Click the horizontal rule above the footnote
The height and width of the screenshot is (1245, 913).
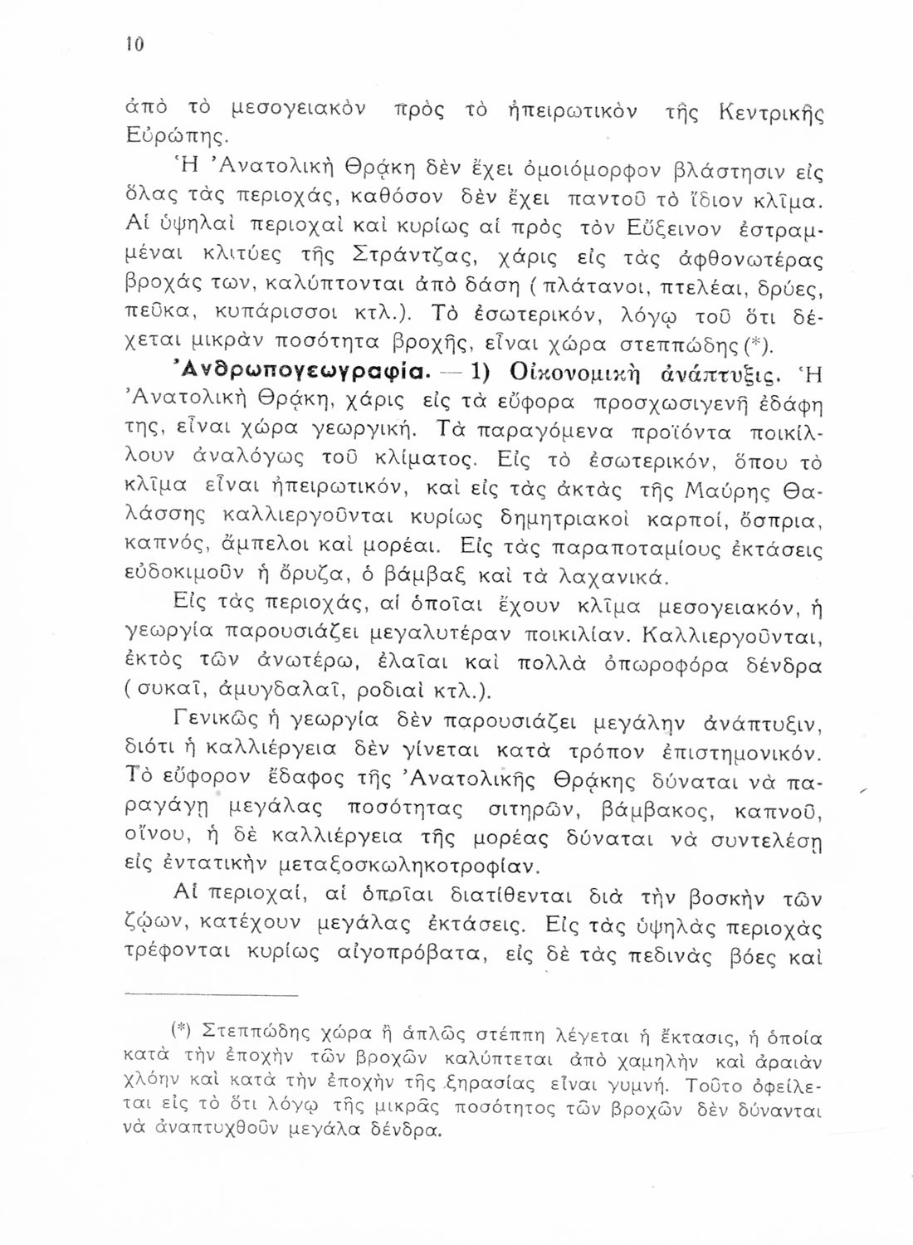tap(214, 994)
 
